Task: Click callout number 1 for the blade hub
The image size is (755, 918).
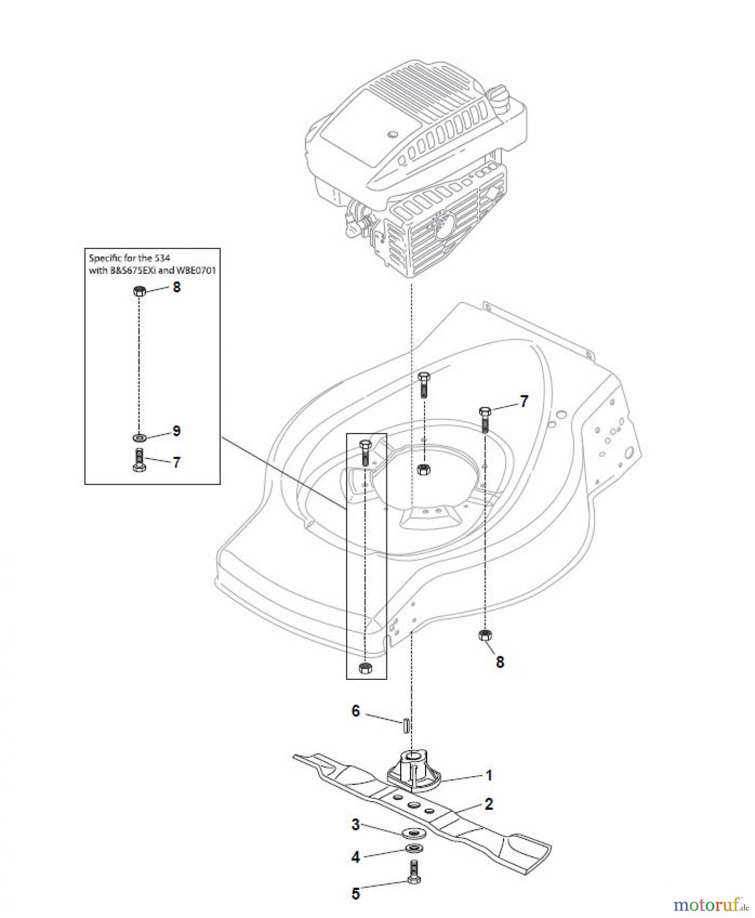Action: pyautogui.click(x=489, y=776)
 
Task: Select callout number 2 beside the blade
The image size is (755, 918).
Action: pyautogui.click(x=489, y=804)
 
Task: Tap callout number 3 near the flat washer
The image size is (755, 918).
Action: pyautogui.click(x=355, y=824)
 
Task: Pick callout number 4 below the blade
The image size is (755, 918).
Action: pyautogui.click(x=355, y=857)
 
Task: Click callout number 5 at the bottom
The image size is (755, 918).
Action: pyautogui.click(x=355, y=894)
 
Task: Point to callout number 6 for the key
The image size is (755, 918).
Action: pyautogui.click(x=356, y=710)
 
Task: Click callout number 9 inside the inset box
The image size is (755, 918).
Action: pyautogui.click(x=176, y=431)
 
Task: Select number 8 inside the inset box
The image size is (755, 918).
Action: pyautogui.click(x=176, y=287)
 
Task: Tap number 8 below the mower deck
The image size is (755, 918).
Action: pyautogui.click(x=500, y=662)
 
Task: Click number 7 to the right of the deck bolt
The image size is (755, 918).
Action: pyautogui.click(x=524, y=402)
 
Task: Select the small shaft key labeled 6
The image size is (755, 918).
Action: pyautogui.click(x=405, y=725)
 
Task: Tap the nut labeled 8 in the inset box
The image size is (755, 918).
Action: pyautogui.click(x=139, y=292)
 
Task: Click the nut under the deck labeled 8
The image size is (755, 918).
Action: pyautogui.click(x=485, y=636)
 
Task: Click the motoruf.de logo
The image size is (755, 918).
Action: pyautogui.click(x=711, y=904)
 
